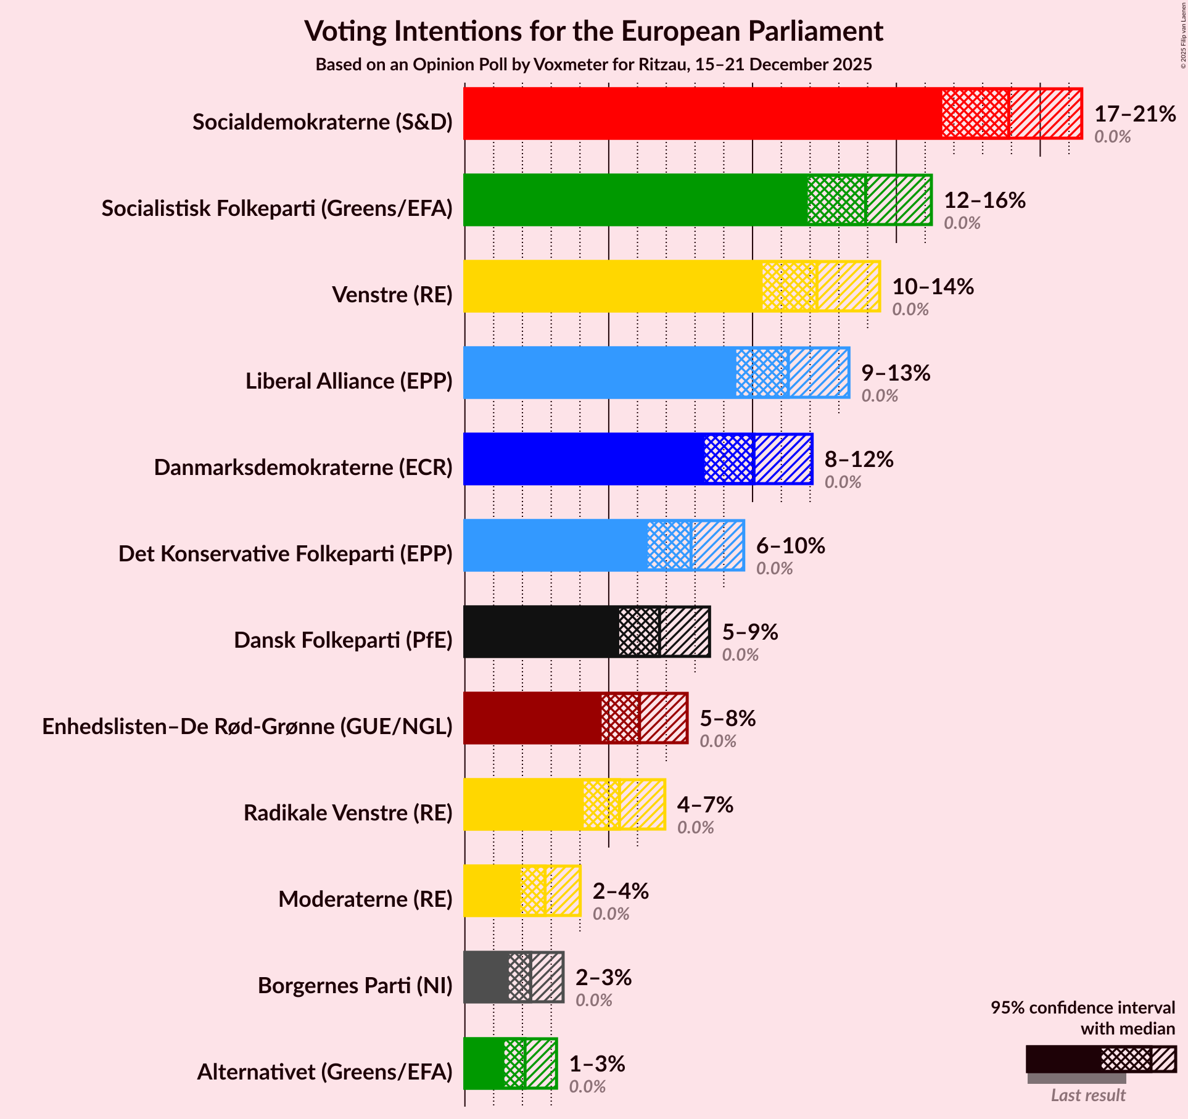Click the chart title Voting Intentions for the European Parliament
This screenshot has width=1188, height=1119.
pos(593,31)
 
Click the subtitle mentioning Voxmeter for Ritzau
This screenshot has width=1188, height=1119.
pos(593,65)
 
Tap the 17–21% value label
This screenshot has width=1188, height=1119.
pos(1134,114)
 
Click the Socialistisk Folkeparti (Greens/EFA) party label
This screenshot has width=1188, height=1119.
pos(277,209)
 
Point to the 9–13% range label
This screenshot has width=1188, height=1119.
pos(895,373)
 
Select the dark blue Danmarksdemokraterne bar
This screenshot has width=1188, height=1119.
pos(584,459)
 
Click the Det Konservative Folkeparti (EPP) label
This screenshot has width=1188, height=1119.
pos(285,554)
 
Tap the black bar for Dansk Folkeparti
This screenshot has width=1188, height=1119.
pos(540,632)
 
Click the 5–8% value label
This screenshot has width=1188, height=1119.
pos(727,719)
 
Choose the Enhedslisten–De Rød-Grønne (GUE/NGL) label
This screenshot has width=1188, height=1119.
pos(247,727)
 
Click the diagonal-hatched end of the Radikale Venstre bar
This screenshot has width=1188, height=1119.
pos(642,804)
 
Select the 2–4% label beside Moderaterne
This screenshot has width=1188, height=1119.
pos(620,891)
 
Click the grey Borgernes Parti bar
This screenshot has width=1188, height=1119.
pos(486,977)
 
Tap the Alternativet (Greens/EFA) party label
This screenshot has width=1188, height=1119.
pos(324,1072)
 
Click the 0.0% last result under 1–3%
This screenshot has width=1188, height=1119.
pos(587,1086)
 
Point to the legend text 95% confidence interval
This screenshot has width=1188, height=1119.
pos(1082,1008)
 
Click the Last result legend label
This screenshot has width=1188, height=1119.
pos(1087,1095)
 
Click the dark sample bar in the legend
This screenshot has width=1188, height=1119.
pos(1063,1059)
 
